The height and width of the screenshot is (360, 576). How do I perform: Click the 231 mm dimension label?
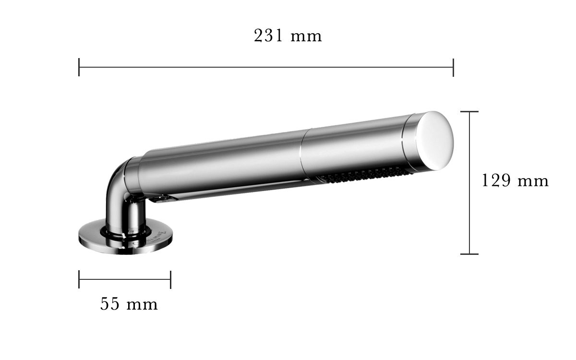click(288, 36)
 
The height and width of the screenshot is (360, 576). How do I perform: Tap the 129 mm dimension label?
click(515, 180)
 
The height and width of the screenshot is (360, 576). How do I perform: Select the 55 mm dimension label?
click(129, 304)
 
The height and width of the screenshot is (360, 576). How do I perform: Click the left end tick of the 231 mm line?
click(79, 67)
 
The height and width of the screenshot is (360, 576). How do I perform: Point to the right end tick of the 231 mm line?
click(453, 67)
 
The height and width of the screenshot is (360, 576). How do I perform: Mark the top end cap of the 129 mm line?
click(469, 111)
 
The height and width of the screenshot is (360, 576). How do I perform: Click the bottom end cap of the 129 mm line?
click(469, 254)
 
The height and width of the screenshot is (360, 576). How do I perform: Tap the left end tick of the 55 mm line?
click(79, 279)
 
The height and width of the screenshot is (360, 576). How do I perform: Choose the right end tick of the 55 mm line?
click(171, 279)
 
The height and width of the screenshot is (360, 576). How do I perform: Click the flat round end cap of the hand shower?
click(435, 141)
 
